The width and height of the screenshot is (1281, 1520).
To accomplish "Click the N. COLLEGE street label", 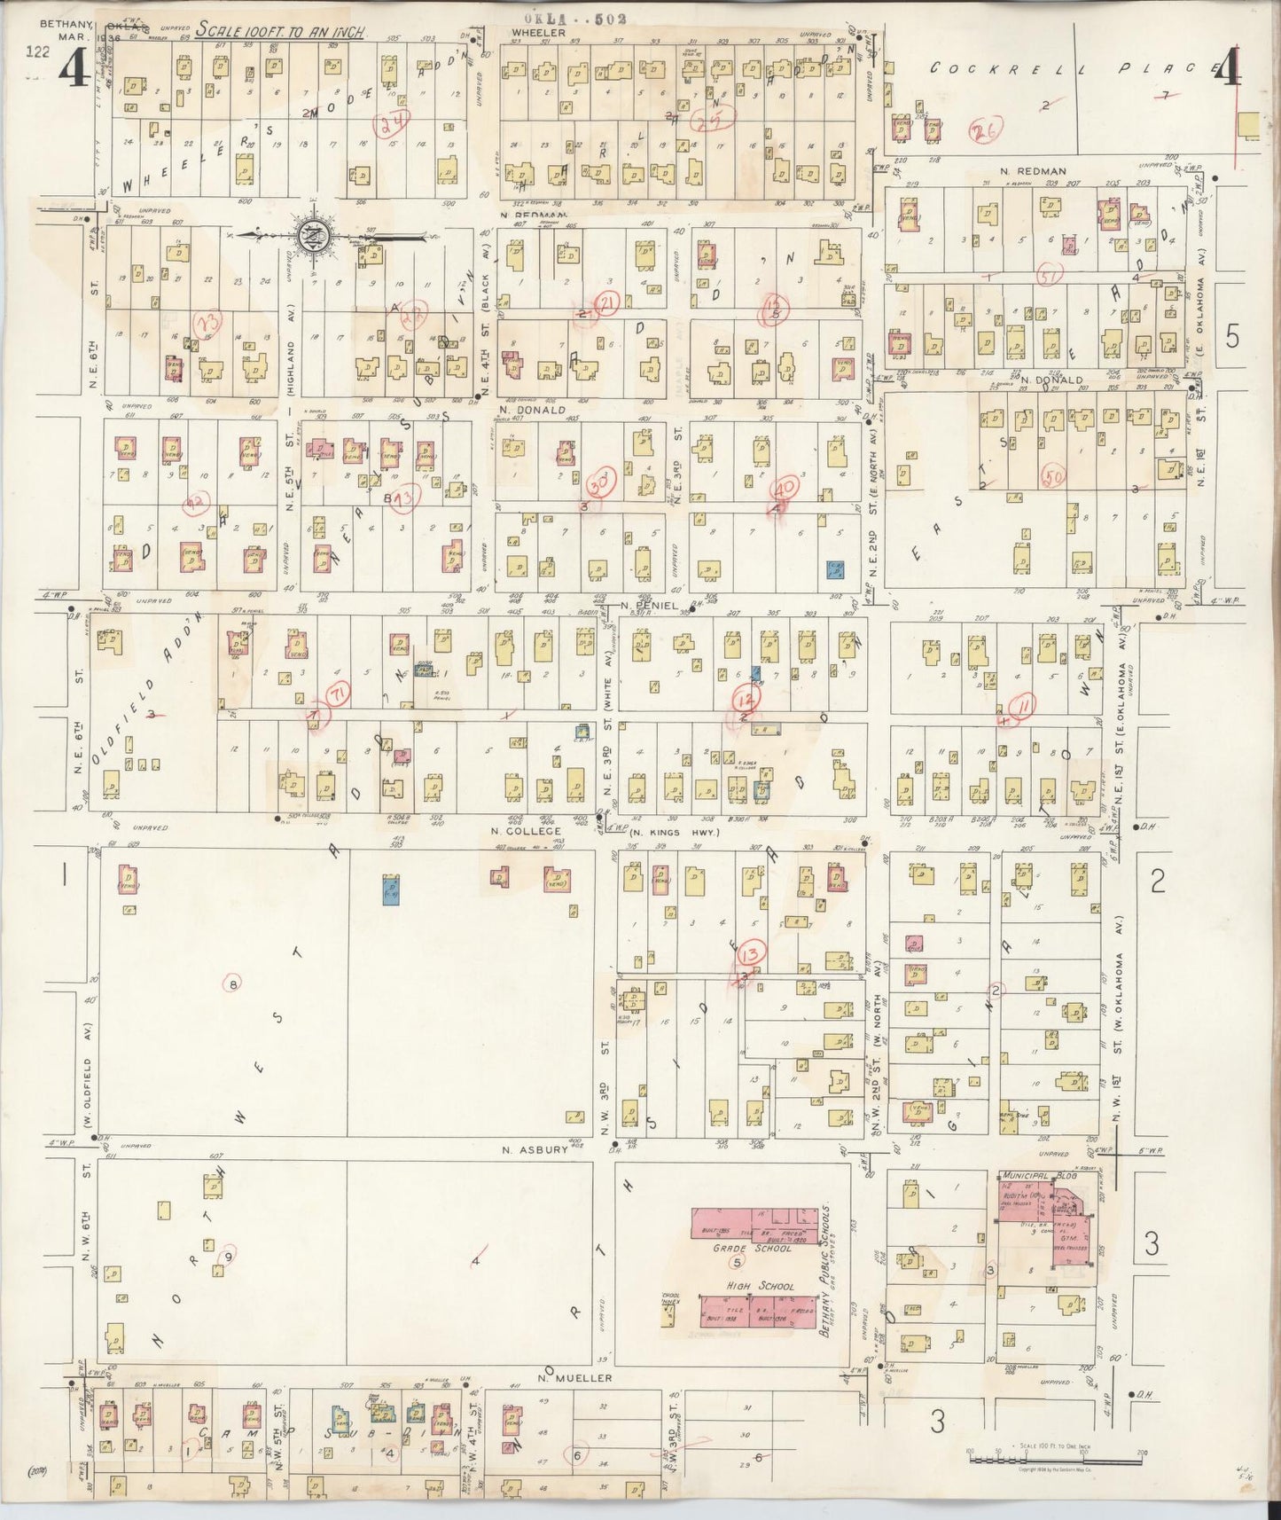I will click(526, 831).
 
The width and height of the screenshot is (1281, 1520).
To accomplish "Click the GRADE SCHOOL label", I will click(752, 1248).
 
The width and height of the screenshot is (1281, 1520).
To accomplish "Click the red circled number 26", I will click(983, 131).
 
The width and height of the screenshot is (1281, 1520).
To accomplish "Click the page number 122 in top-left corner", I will click(37, 52).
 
